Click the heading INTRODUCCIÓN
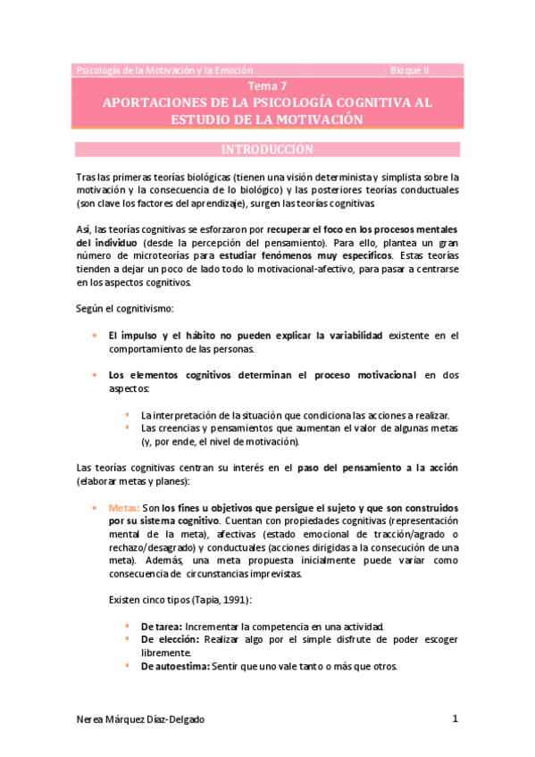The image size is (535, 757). [x=267, y=149]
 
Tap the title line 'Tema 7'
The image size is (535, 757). [x=267, y=87]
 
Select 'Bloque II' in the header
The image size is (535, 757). [x=411, y=70]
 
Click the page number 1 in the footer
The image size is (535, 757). [x=455, y=719]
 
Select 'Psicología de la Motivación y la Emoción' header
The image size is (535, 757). [x=165, y=70]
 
